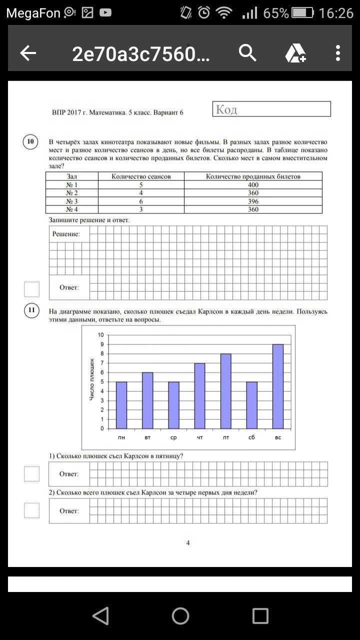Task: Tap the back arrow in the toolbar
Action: (28, 53)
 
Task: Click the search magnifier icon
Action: (247, 52)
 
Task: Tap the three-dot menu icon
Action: (338, 53)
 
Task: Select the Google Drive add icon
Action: (295, 53)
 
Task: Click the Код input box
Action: (271, 109)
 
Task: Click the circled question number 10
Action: (31, 142)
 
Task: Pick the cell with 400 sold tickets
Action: (253, 185)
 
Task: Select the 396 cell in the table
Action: (253, 201)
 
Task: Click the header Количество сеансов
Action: (141, 176)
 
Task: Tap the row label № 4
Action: (72, 209)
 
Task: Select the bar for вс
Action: (278, 386)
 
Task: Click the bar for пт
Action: (225, 391)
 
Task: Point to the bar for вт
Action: (147, 400)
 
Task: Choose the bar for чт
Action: (199, 395)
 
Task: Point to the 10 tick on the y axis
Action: (100, 335)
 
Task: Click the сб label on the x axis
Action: (251, 438)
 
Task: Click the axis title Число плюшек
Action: (92, 379)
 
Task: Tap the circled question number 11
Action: (31, 311)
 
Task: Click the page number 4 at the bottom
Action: (187, 543)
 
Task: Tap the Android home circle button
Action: (180, 616)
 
